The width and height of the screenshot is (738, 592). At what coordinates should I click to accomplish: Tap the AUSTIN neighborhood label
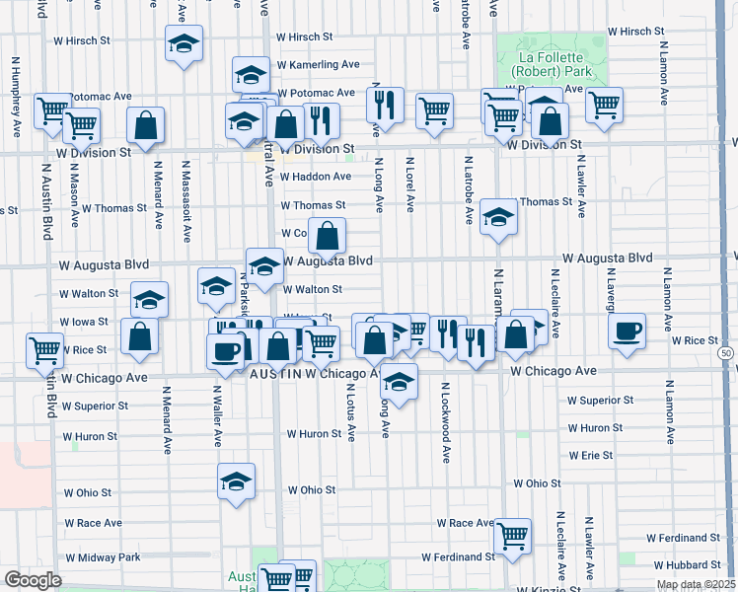pyautogui.click(x=275, y=374)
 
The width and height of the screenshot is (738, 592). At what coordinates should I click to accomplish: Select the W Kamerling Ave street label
pyautogui.click(x=318, y=64)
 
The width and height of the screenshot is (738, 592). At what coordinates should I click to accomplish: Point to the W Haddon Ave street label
pyautogui.click(x=315, y=177)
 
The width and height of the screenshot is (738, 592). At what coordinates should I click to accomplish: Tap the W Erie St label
pyautogui.click(x=591, y=456)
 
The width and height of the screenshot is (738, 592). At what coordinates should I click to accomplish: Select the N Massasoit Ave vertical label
pyautogui.click(x=185, y=204)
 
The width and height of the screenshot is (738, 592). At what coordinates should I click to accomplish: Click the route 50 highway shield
pyautogui.click(x=726, y=352)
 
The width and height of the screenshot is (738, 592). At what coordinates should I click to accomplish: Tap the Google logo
pyautogui.click(x=33, y=580)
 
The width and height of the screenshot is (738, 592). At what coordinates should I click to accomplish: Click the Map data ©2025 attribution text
pyautogui.click(x=696, y=584)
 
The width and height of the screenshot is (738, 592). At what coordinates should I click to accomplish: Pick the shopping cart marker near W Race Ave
pyautogui.click(x=512, y=536)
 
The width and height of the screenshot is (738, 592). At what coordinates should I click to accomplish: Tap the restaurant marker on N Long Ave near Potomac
pyautogui.click(x=385, y=104)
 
